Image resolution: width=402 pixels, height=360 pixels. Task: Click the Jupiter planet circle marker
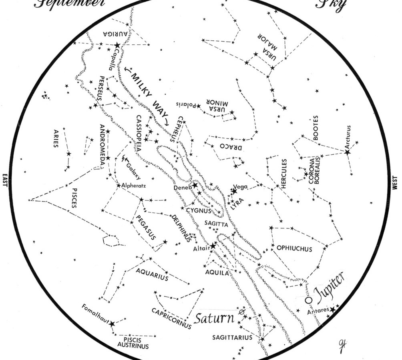[308, 300]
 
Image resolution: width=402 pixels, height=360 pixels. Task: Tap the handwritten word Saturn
[214, 318]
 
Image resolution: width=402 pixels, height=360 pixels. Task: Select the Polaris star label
[186, 105]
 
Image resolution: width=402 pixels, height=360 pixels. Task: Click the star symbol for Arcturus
[347, 152]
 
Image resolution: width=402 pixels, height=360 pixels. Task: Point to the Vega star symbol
[234, 192]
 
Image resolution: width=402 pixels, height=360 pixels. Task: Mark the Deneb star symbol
[195, 185]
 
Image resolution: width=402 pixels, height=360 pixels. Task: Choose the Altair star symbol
[213, 246]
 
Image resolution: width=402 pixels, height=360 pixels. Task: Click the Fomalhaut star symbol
[112, 324]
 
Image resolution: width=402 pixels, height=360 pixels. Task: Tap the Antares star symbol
[332, 310]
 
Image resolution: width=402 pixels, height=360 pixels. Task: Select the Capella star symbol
[117, 46]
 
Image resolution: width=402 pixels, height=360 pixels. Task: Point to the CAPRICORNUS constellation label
[171, 318]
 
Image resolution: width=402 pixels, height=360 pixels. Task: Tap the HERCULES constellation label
[284, 174]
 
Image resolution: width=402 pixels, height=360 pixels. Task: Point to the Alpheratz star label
[134, 186]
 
